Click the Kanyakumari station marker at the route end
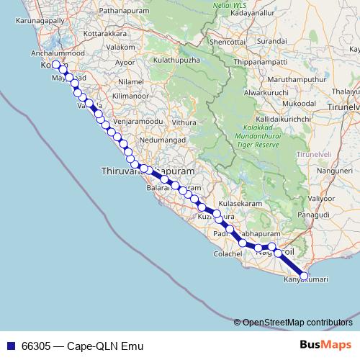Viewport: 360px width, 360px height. (304, 276)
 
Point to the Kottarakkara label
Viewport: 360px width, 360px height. (87, 33)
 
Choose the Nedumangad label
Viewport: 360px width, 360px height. (144, 140)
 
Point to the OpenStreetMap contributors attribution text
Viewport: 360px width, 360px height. (296, 322)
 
